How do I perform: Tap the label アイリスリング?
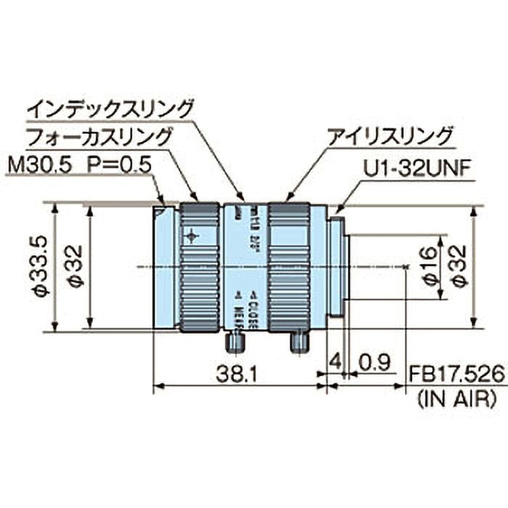click(x=389, y=137)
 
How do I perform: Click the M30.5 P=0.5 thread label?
click(x=79, y=166)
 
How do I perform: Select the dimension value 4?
click(x=335, y=363)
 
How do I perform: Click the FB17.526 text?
click(x=456, y=375)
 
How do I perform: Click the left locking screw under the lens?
click(x=235, y=341)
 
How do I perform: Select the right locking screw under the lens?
click(x=299, y=341)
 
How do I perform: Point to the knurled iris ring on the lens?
click(x=288, y=267)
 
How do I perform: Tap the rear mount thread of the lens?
click(x=337, y=267)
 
